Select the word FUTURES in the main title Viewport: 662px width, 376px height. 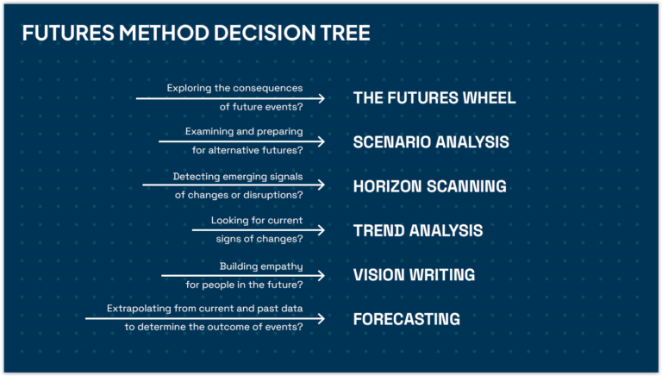point(68,33)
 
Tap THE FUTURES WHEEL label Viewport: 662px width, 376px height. point(434,98)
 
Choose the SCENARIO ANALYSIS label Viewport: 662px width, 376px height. point(431,142)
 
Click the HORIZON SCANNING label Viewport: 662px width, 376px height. point(430,186)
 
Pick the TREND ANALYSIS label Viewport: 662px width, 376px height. point(418,230)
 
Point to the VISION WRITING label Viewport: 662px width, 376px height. point(414,275)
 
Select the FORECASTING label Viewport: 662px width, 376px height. point(407,319)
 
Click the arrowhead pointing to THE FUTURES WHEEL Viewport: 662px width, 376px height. point(322,98)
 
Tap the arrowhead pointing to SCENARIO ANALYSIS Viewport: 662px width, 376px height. point(322,141)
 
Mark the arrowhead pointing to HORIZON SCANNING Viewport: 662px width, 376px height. point(322,185)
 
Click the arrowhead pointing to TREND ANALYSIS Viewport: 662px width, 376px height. point(322,230)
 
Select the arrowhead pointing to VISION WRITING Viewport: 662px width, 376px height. point(322,276)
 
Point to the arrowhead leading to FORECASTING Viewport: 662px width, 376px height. point(322,318)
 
